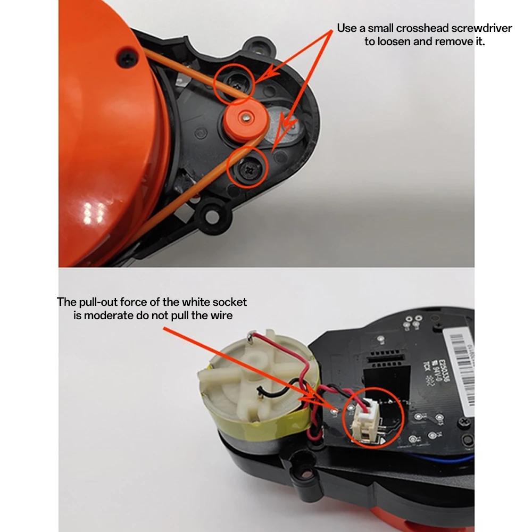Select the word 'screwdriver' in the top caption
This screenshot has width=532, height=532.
(481, 28)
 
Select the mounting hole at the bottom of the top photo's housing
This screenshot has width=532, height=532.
(214, 216)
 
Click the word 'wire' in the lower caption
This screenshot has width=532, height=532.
(221, 315)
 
